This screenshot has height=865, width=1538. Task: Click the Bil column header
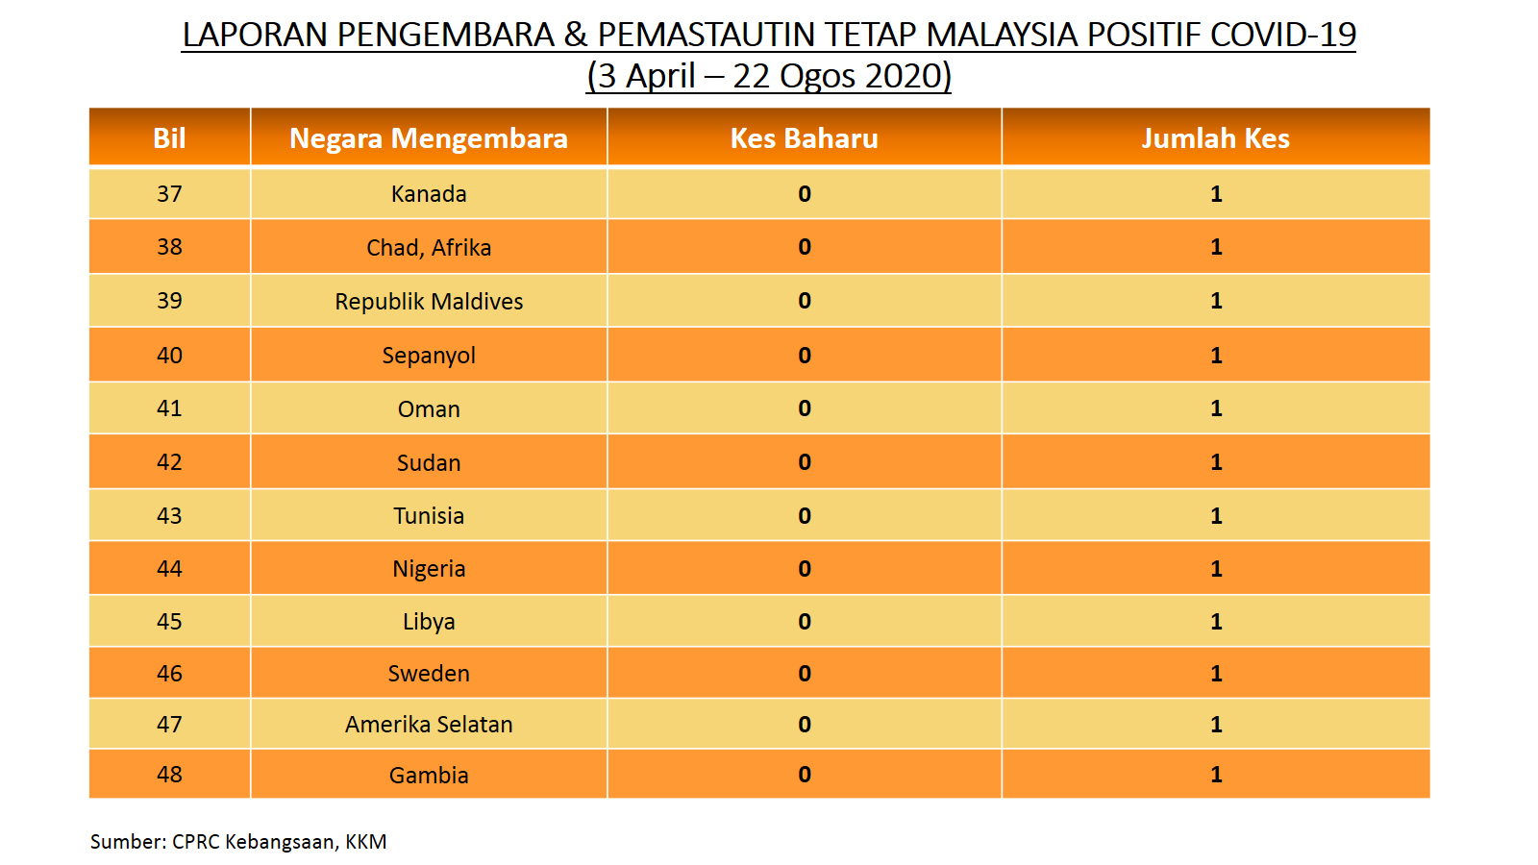tap(169, 138)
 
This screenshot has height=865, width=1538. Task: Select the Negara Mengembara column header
tap(429, 138)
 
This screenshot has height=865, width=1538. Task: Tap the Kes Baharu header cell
tap(804, 138)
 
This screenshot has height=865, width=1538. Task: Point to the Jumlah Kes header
tap(1215, 138)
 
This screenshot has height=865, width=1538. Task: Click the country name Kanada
tap(429, 194)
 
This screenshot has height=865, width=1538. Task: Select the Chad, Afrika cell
tap(429, 247)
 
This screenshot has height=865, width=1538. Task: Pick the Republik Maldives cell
tap(429, 302)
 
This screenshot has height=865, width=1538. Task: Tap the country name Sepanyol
tap(429, 356)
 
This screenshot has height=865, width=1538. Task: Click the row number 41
tap(169, 408)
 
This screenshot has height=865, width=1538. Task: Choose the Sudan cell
tap(429, 462)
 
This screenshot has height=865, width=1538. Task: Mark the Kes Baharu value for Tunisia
tap(804, 515)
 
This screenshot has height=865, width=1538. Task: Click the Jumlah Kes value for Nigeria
tap(1216, 568)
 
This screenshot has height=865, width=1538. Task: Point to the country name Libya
tap(429, 622)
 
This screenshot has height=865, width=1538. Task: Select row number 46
tap(169, 674)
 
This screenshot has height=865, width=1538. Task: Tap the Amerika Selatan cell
tap(429, 725)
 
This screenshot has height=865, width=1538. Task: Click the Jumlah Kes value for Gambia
tap(1216, 775)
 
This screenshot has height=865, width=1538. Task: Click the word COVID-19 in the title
tap(1282, 35)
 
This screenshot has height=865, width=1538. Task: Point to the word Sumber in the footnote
tap(129, 842)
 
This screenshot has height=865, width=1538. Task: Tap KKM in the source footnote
tap(366, 842)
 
